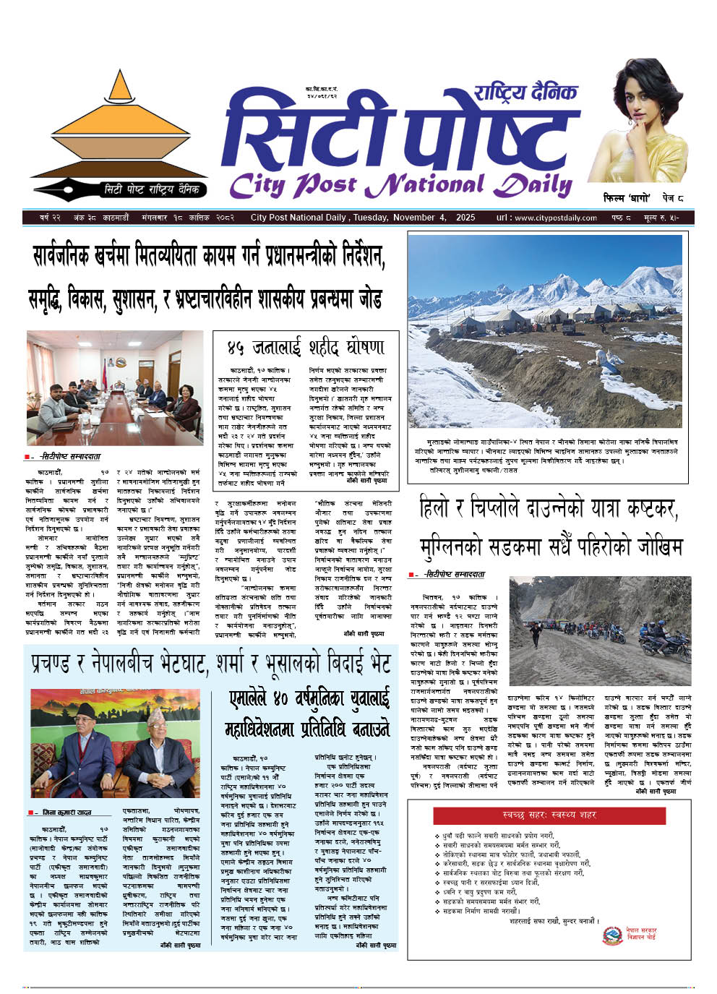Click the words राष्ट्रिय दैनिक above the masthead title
[525, 93]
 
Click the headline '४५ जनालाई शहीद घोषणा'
[306, 348]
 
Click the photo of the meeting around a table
[115, 388]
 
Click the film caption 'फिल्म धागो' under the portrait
[627, 198]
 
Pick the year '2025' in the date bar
[465, 218]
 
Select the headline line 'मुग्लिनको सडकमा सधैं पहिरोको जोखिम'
[551, 547]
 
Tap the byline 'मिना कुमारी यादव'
[66, 813]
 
